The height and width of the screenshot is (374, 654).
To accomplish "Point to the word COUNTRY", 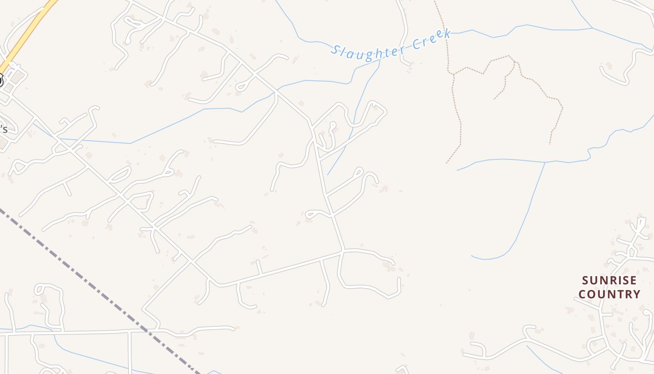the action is point(609,294).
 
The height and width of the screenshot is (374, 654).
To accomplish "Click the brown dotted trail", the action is point(453,117).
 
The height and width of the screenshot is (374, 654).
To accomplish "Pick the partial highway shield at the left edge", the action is point(1,80).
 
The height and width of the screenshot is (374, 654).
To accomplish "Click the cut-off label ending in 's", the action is point(3,129).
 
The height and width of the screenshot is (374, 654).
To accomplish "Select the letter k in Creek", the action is point(447,34).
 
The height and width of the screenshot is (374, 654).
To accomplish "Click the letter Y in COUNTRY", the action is point(636,295).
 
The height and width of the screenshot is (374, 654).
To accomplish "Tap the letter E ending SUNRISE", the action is point(633,280).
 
